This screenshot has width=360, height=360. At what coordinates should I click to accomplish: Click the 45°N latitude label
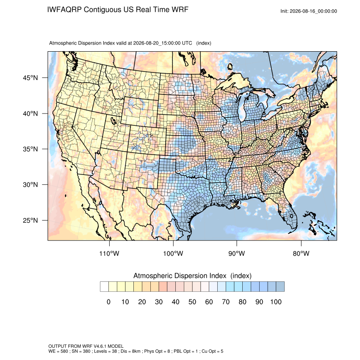(x=30, y=78)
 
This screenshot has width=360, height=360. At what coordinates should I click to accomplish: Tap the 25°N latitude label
(x=30, y=220)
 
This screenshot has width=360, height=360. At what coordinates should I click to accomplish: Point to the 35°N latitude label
(x=30, y=149)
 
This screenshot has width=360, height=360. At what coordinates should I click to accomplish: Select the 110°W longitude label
(x=109, y=253)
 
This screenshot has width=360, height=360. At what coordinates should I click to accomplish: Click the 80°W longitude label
(x=301, y=253)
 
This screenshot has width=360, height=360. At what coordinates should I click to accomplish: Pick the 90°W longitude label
(x=236, y=253)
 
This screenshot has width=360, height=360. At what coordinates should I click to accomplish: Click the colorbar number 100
(x=276, y=302)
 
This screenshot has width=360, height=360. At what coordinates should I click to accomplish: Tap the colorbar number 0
(x=108, y=302)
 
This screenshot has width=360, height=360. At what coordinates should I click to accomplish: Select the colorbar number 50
(x=192, y=302)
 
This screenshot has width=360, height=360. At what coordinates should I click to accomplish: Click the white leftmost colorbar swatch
(x=105, y=287)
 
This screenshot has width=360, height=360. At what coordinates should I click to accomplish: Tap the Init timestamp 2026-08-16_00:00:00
(x=313, y=11)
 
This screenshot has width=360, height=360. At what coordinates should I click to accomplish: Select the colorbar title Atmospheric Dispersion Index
(x=180, y=276)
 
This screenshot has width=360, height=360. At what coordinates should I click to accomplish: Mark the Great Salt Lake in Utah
(x=114, y=120)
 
